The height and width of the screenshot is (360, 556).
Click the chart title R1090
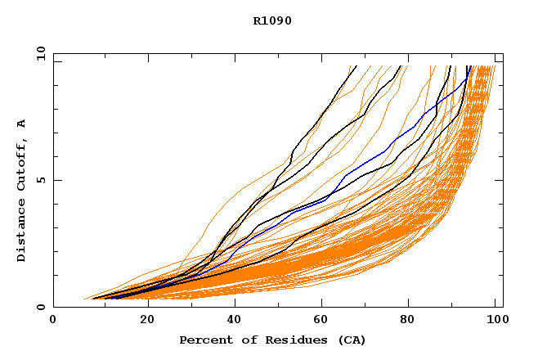(x=272, y=20)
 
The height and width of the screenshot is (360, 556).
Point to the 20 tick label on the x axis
(x=141, y=320)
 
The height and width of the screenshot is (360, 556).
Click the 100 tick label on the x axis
(x=495, y=320)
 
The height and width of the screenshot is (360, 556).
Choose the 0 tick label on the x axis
(x=53, y=320)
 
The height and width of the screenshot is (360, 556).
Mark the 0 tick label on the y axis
(x=40, y=308)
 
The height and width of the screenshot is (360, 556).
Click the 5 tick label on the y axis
(x=40, y=180)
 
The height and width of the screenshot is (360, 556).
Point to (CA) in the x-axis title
(x=350, y=340)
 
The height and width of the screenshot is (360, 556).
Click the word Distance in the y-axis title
(x=22, y=235)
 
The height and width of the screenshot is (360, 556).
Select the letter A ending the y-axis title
(x=22, y=123)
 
